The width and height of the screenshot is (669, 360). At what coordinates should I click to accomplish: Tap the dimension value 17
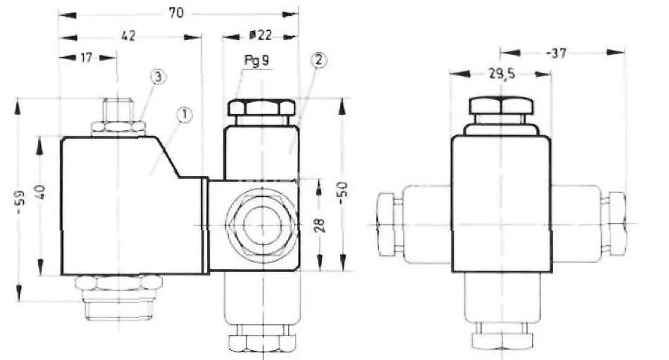pos(86,58)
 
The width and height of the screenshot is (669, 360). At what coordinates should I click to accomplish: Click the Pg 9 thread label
pos(256,61)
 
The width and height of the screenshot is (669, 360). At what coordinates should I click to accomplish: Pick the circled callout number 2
pos(318,61)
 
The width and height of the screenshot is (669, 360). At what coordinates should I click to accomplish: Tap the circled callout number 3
pos(158,77)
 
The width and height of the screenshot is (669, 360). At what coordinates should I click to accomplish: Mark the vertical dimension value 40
pos(39,191)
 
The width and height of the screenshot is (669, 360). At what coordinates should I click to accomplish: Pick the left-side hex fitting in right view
pos(389,224)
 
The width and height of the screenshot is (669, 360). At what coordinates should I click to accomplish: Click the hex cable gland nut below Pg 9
pos(260,108)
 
